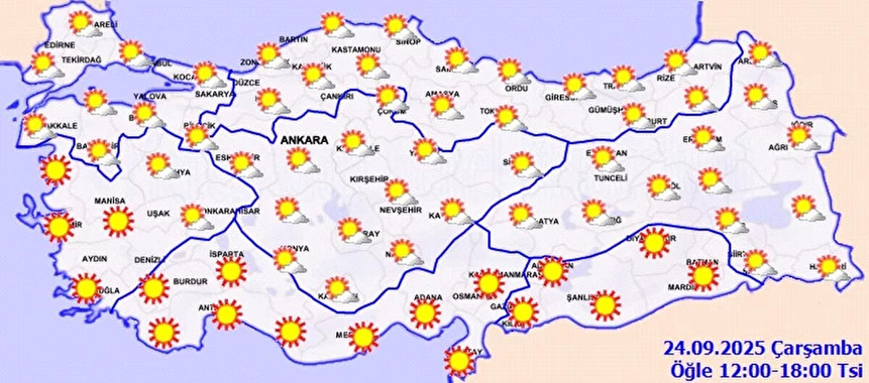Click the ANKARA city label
tap(305, 139)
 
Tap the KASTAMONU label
tap(356, 49)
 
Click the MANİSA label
tap(109, 201)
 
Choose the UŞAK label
tap(158, 214)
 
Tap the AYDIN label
tap(95, 258)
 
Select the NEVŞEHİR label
tap(400, 211)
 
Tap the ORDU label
tap(516, 88)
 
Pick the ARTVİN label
tap(708, 67)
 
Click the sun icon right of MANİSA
tap(117, 221)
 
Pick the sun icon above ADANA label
tap(424, 313)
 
